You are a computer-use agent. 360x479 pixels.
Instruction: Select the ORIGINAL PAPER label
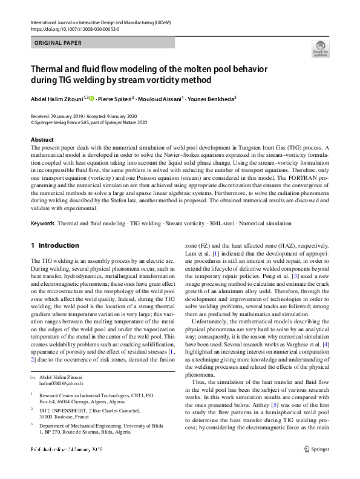pyautogui.click(x=58, y=43)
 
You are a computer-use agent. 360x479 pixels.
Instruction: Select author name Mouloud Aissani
pyautogui.click(x=160, y=98)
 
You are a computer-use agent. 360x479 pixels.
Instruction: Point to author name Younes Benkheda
pyautogui.click(x=211, y=98)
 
